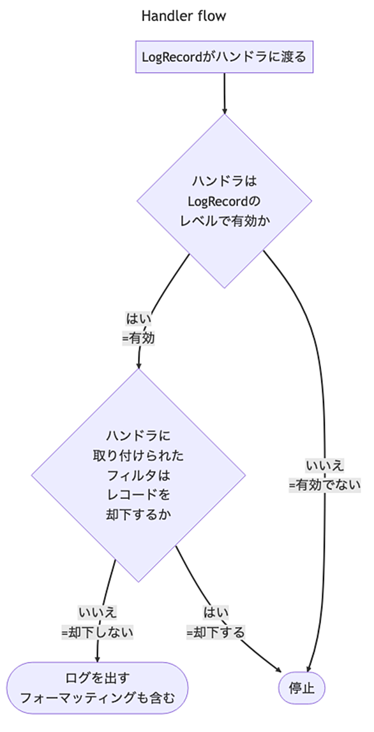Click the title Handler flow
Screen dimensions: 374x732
[183, 17]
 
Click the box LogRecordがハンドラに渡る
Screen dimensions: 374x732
[225, 57]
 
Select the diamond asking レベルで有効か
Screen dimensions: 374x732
[225, 201]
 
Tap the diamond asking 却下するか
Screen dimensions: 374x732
[138, 475]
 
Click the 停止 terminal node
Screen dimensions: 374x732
[301, 688]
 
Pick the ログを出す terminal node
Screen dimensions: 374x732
[97, 687]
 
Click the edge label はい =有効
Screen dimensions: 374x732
[138, 329]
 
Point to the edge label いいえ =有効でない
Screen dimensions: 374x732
[325, 475]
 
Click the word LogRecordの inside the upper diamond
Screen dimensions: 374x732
[225, 201]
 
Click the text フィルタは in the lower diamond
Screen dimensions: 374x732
[138, 475]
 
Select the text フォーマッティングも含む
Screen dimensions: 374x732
[97, 698]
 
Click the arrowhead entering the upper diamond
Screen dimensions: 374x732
[225, 111]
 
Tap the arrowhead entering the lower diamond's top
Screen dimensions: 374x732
[138, 365]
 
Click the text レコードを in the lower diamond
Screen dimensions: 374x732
[138, 495]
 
